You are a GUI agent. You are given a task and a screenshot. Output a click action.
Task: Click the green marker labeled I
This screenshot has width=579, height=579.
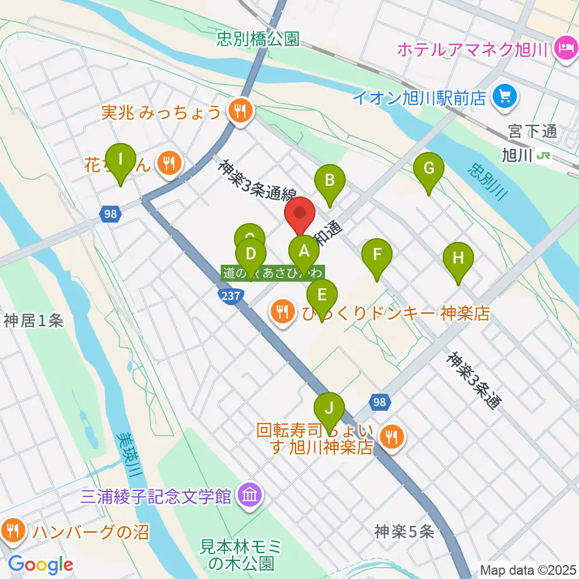click(120, 160)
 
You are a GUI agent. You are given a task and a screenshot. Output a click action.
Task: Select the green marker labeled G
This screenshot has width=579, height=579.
click(429, 169)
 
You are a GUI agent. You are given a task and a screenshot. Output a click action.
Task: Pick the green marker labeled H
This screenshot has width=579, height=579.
click(458, 259)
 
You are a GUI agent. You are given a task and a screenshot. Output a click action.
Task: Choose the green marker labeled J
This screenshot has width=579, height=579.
click(329, 409)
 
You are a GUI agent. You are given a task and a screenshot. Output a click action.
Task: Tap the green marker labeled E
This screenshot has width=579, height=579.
click(321, 296)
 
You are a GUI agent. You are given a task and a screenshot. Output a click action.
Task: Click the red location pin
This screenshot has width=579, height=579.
click(300, 215)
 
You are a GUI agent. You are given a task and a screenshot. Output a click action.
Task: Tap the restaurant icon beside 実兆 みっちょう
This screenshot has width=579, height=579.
click(240, 110)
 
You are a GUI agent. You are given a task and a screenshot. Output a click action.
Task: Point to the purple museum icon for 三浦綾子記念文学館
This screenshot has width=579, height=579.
click(248, 496)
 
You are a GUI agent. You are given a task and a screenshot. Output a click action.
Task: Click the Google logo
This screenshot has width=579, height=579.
click(41, 565)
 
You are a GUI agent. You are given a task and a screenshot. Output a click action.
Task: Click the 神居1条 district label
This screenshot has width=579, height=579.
click(33, 321)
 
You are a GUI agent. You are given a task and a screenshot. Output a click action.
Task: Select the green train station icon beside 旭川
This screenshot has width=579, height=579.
click(544, 156)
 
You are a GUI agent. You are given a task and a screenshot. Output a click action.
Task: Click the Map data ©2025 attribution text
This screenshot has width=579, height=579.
click(527, 569)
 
